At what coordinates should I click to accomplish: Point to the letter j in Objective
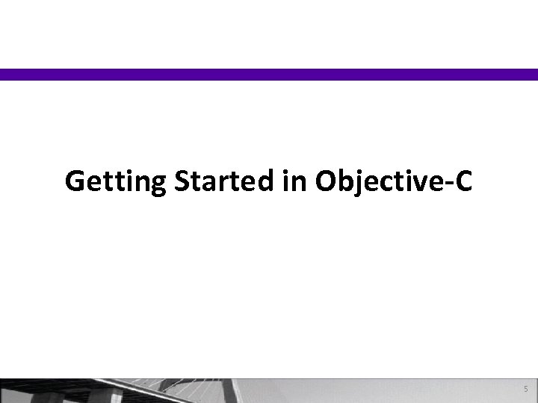(x=356, y=183)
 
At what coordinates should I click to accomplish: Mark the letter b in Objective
(x=344, y=181)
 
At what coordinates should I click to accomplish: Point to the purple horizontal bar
(x=269, y=74)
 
